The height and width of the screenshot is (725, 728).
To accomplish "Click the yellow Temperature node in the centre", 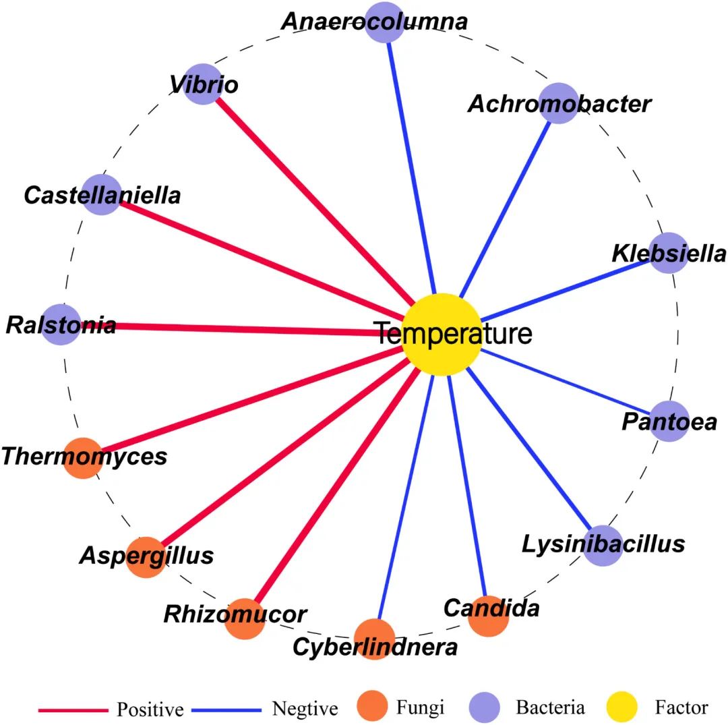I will point(442,335).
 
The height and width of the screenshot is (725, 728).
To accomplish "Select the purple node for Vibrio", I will point(203,84).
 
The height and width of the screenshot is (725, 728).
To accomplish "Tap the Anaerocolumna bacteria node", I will point(386,22).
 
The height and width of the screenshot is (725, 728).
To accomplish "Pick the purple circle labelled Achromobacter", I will point(559,103).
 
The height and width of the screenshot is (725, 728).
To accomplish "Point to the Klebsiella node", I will point(669,253).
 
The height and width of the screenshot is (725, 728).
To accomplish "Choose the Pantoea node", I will point(669,422).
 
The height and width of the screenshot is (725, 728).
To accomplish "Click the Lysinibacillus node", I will point(602,546).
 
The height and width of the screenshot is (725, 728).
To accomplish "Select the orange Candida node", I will point(488,616).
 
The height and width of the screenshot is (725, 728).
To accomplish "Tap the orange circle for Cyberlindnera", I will point(374,639).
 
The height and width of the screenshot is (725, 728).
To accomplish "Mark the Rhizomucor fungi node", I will point(244,618).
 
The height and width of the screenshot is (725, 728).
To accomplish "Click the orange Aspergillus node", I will point(146,557).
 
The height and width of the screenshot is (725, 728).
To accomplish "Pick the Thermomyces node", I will point(83,458).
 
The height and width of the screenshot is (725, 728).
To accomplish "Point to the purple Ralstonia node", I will point(61,324).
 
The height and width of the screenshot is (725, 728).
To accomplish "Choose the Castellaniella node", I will point(100,194).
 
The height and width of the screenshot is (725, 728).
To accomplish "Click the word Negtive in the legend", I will point(305,709).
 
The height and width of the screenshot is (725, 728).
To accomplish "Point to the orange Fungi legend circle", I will point(371,707).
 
